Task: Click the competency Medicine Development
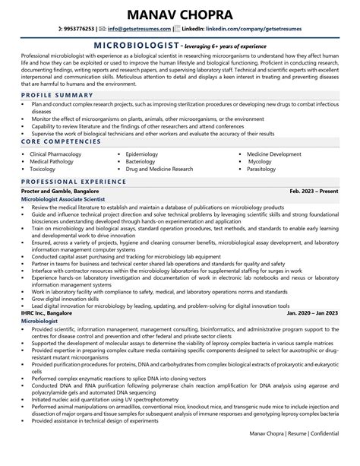tap(274, 154)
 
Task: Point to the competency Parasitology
tap(263, 170)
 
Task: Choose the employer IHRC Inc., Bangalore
tap(48, 312)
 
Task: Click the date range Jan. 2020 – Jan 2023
tap(312, 312)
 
